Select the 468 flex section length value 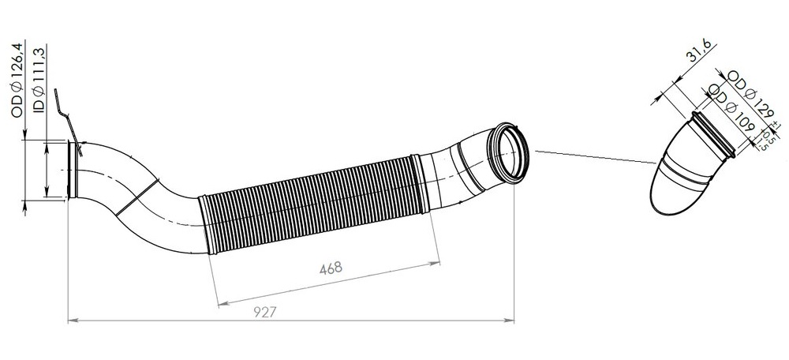(x=330, y=268)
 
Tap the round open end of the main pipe (x=507, y=154)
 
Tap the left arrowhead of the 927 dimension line (x=73, y=321)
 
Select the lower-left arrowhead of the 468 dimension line (x=220, y=302)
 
